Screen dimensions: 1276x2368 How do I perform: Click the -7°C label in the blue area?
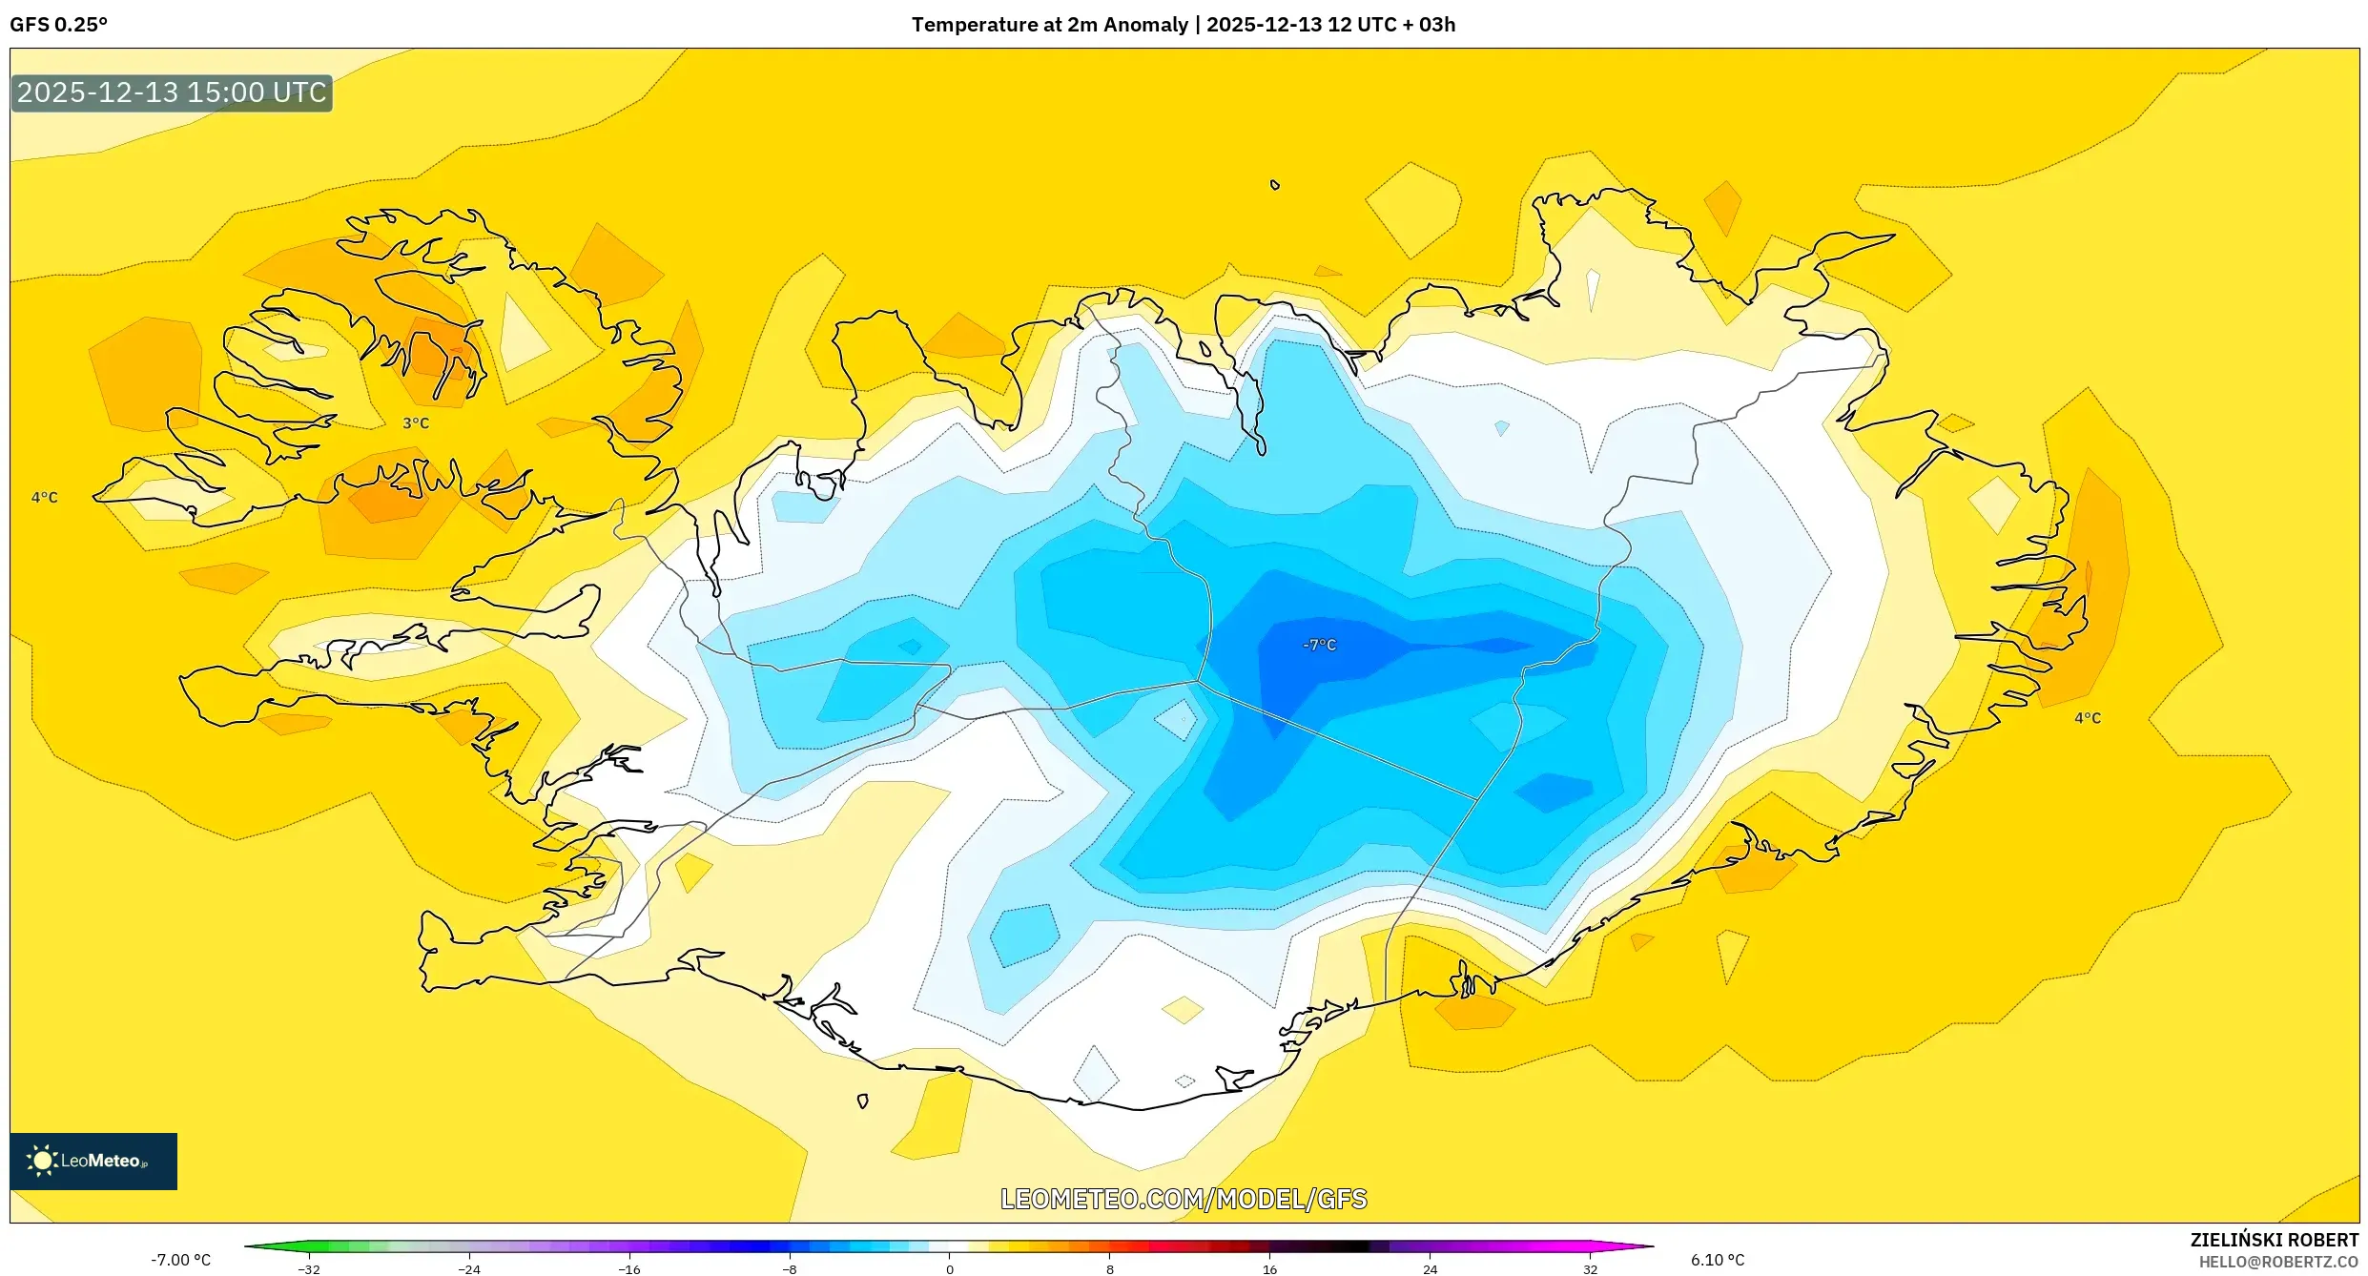click(1319, 645)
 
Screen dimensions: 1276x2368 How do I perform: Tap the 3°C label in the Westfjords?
click(416, 422)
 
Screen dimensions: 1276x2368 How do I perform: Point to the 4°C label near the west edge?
click(44, 497)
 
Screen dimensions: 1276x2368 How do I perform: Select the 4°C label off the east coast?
click(2088, 717)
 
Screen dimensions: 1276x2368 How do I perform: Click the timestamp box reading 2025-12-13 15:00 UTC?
click(172, 93)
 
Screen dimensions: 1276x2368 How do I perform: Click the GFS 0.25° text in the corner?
click(58, 25)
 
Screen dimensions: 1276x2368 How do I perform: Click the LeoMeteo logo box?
click(93, 1161)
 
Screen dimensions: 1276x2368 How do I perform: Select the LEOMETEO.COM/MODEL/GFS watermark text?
click(1184, 1199)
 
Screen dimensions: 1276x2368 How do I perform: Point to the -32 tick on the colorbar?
click(309, 1269)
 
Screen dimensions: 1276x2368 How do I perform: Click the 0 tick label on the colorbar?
click(949, 1269)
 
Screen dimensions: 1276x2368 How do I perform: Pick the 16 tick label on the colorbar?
click(1269, 1269)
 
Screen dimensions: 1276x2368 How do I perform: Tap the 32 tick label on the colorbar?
click(1590, 1269)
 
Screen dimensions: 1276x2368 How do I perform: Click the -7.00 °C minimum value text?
click(180, 1260)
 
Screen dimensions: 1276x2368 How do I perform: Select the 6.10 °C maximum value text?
click(1718, 1260)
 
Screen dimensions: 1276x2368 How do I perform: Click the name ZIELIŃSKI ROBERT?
click(2274, 1240)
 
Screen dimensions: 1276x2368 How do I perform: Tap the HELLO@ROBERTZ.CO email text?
click(2277, 1263)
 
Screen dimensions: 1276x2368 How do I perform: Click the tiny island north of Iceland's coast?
click(1274, 185)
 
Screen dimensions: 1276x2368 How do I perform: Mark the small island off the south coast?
click(862, 1101)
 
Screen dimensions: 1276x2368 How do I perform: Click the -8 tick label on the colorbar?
click(789, 1269)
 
